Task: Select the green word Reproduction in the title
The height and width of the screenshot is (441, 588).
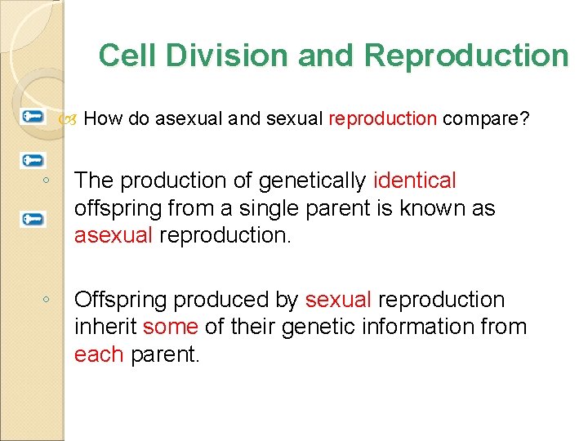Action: click(466, 56)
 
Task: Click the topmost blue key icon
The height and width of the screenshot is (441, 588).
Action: click(33, 116)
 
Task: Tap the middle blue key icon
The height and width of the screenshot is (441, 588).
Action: click(33, 160)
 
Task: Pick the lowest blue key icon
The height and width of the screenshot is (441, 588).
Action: click(33, 219)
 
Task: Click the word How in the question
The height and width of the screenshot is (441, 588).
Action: click(103, 119)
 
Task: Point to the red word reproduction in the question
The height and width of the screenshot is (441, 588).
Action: click(382, 119)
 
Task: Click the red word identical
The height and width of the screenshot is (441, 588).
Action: click(414, 180)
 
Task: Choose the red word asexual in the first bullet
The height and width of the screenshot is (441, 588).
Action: click(113, 236)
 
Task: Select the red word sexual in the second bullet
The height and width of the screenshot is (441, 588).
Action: click(338, 300)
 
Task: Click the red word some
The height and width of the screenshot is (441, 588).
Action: click(170, 327)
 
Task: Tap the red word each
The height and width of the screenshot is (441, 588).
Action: click(98, 355)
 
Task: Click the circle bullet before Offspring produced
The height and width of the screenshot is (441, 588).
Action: click(49, 301)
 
